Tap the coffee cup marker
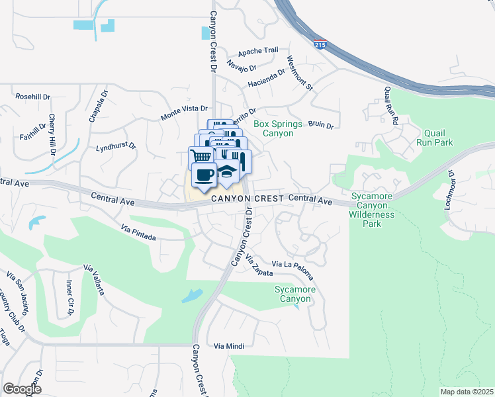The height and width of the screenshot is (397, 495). (x=203, y=175)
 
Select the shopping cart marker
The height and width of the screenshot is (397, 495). (x=201, y=157)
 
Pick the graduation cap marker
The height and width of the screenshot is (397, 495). (x=227, y=172)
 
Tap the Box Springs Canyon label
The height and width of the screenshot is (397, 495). (x=278, y=128)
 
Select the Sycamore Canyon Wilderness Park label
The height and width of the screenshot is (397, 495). (x=373, y=210)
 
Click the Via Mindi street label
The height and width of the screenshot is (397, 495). (x=229, y=346)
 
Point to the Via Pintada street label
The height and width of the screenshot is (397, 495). (x=138, y=232)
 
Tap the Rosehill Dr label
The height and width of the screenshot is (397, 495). (x=32, y=97)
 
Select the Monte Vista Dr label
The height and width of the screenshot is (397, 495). (x=184, y=112)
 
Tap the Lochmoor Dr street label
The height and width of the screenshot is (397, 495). (x=451, y=191)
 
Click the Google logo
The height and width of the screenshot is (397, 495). (x=22, y=389)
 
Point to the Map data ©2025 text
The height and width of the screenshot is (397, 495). (x=467, y=392)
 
